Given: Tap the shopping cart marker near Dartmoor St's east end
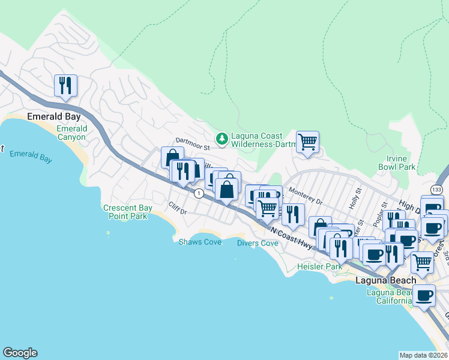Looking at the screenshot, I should click(307, 142).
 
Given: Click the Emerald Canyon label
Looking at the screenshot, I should click(72, 133).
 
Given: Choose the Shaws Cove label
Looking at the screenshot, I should click(200, 242).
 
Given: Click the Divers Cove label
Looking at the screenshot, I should click(257, 243).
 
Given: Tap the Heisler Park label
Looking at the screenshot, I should click(320, 266).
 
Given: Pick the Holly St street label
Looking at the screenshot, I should click(357, 197).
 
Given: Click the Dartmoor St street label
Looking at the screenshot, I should click(192, 146).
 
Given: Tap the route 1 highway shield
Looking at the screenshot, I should click(197, 193).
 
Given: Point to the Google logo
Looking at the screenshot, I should click(20, 353).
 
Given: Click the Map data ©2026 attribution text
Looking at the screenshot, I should click(423, 355).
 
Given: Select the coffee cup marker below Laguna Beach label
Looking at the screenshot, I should click(424, 296).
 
